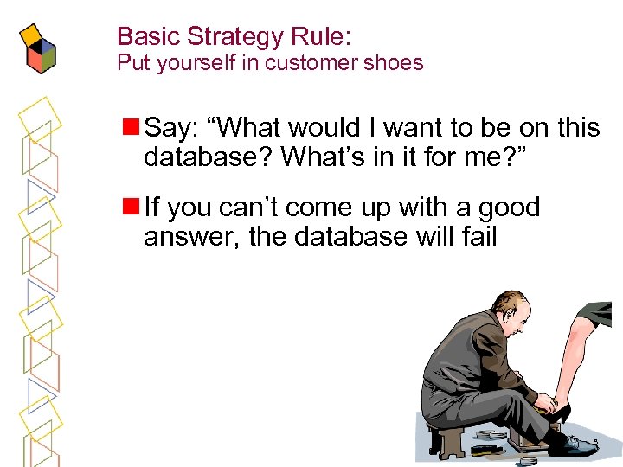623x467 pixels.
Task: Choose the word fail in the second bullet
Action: pos(479,236)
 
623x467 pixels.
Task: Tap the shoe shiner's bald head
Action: pos(509,306)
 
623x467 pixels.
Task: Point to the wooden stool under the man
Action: pos(449,436)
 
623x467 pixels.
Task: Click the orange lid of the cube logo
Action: pos(33,34)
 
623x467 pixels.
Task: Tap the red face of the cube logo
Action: pos(35,59)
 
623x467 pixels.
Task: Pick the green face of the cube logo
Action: pos(48,55)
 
